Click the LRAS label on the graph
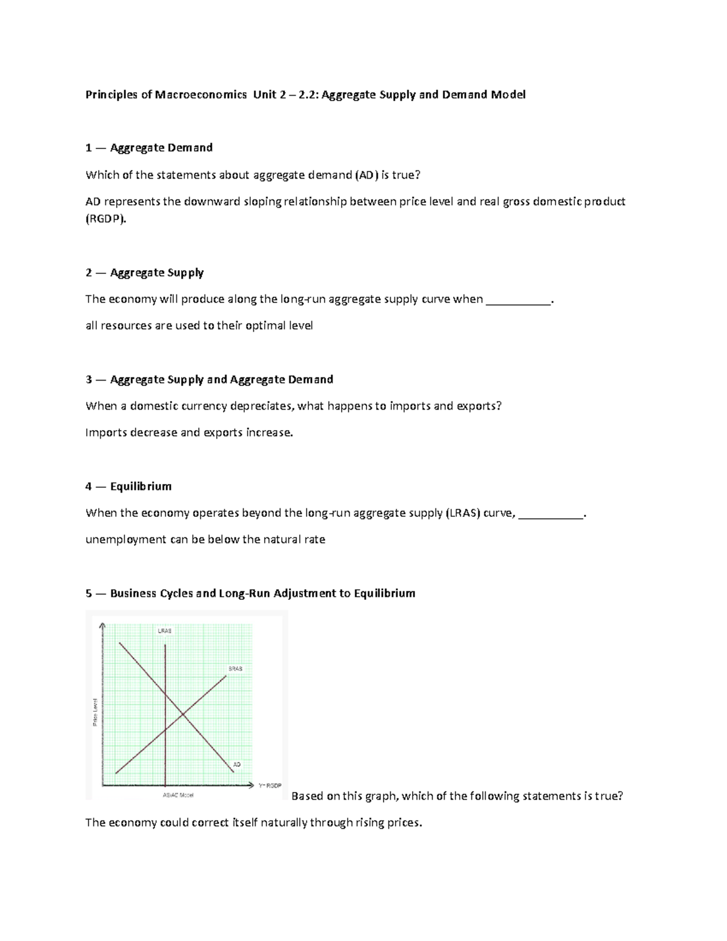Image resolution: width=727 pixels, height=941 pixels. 165,631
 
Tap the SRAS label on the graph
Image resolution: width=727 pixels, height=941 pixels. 235,668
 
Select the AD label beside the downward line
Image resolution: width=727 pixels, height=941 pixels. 237,765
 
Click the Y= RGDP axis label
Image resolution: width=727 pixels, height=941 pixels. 270,786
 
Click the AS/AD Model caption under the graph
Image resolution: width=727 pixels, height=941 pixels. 178,795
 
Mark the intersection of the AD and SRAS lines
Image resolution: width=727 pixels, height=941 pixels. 184,716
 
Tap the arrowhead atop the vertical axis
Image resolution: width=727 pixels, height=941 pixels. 103,626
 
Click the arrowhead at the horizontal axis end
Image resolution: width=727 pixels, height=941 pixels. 251,785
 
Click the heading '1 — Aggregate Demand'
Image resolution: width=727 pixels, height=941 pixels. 149,148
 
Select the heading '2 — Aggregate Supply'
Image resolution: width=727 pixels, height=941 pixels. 145,273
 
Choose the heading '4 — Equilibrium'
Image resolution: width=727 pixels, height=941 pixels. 129,487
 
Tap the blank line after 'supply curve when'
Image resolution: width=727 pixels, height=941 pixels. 519,300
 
